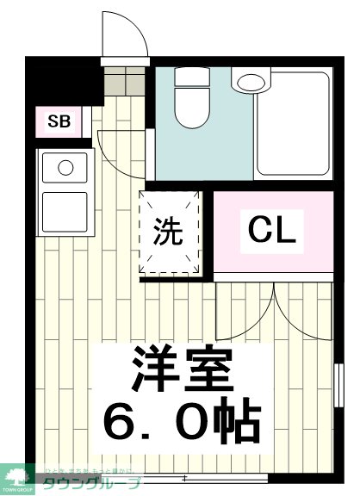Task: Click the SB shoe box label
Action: pos(59,121)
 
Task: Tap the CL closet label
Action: pos(272,230)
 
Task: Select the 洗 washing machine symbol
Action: pos(169,231)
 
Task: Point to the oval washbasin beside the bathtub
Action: pos(251,84)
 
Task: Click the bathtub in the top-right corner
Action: pos(294,125)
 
